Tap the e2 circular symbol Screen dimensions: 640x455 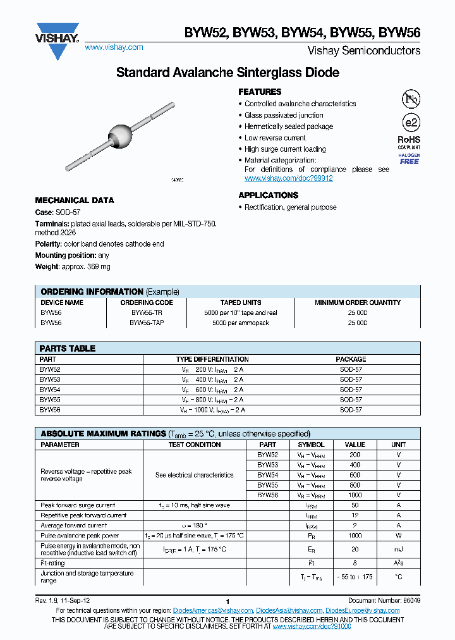411,123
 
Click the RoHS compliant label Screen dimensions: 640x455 409,142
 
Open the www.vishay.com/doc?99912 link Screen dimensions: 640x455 288,178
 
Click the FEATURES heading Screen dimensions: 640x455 260,92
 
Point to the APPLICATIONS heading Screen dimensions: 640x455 268,195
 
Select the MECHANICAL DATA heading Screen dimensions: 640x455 75,200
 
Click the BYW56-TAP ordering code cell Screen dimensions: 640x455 146,323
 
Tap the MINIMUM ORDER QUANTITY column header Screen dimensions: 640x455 358,303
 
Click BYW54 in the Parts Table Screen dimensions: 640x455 50,390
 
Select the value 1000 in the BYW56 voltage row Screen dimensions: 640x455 355,495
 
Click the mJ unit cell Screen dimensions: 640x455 398,550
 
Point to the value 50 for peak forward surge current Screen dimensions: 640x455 355,505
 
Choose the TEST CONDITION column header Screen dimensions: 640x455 194,445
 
